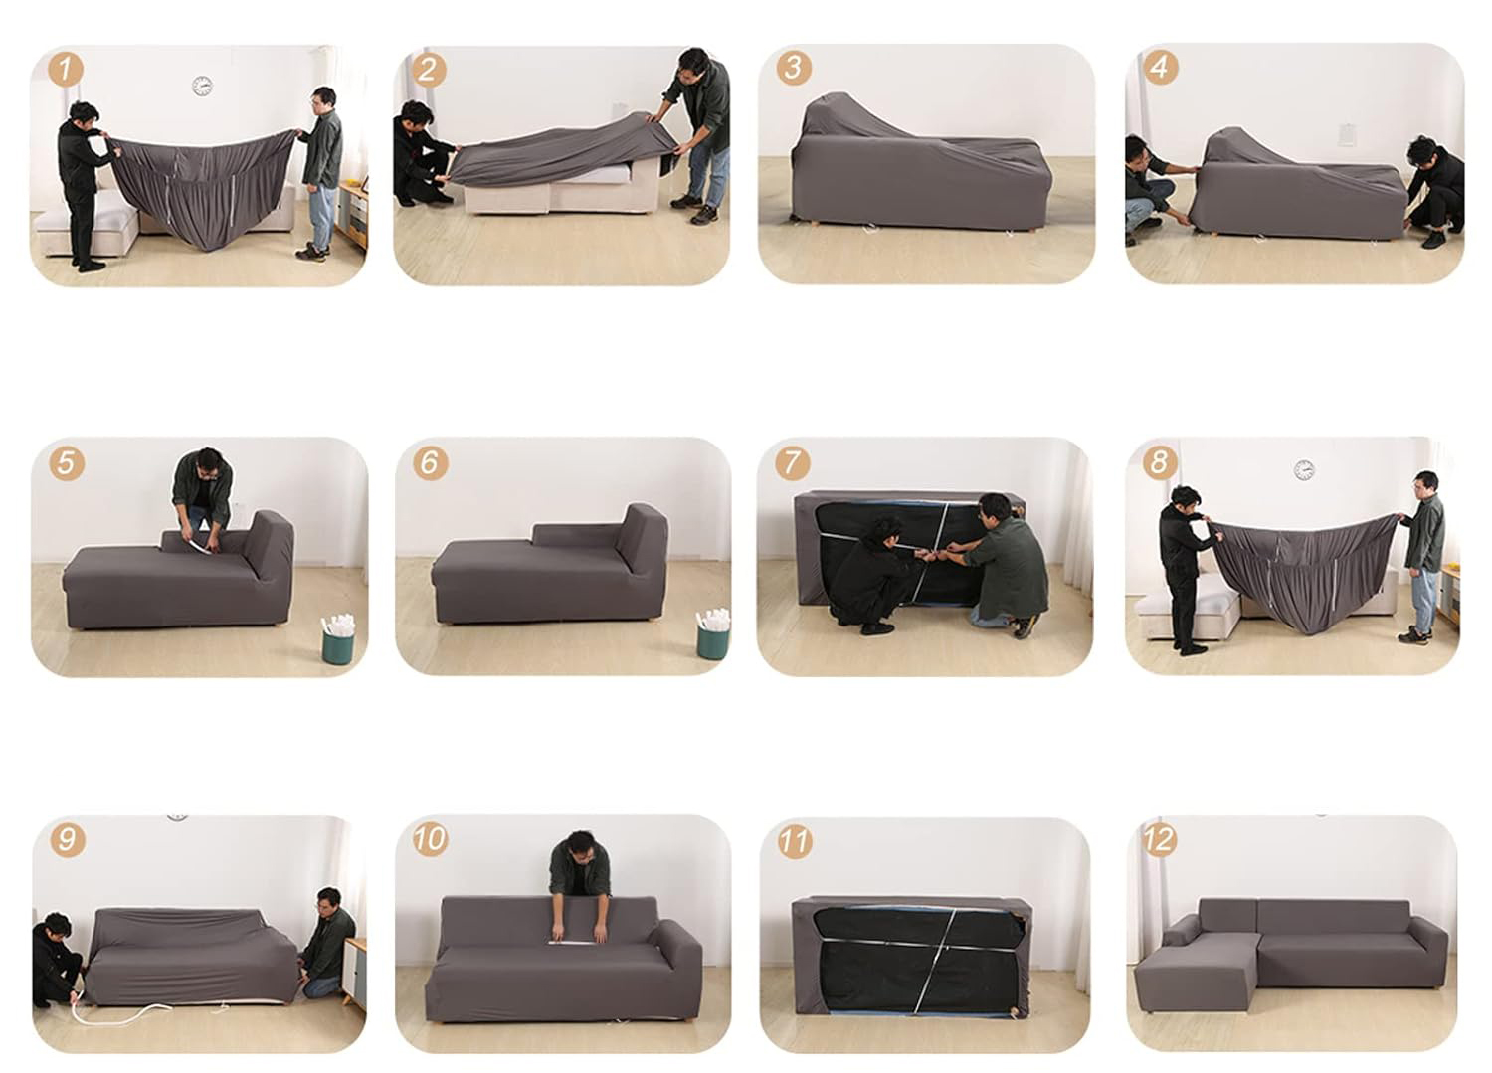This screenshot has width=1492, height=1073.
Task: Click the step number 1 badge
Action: pos(66,70)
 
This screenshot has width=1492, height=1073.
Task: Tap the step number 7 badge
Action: pos(792,462)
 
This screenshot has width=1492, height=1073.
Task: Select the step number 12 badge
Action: pos(1159,840)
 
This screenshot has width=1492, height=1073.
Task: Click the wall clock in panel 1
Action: pos(202,86)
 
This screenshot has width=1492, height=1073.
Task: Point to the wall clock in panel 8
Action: pos(1303,469)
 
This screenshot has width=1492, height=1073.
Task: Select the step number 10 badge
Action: pos(430,839)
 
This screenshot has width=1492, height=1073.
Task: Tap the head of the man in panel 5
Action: pos(209,460)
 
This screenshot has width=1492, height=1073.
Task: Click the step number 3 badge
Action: pos(794,68)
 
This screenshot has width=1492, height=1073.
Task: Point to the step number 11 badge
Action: pos(794,841)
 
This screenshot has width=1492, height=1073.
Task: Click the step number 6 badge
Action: pos(431,462)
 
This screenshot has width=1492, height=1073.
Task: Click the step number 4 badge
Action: pos(1160,68)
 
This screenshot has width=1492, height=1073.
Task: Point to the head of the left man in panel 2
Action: pos(417,116)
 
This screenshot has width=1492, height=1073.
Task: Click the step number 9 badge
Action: pos(68,839)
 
